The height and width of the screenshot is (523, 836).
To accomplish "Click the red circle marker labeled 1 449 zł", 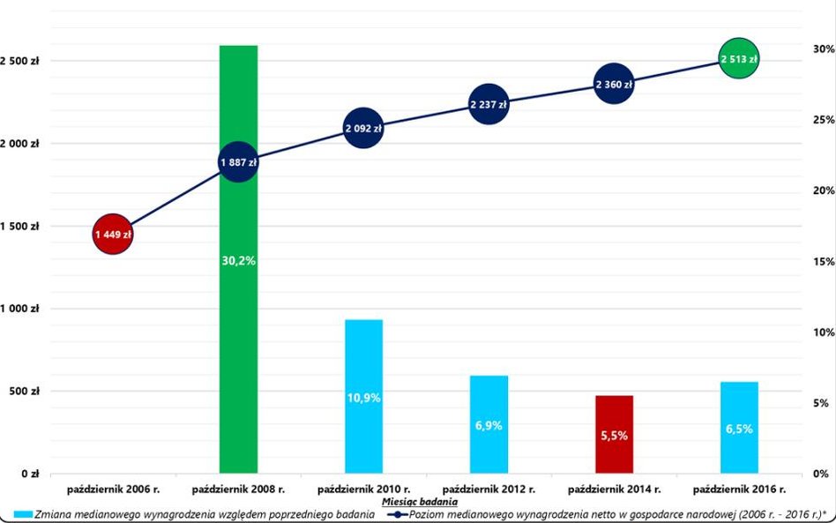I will pyautogui.click(x=112, y=235).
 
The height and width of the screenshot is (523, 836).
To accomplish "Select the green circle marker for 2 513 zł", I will pyautogui.click(x=739, y=59).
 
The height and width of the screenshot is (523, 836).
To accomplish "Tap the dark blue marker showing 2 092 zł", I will pyautogui.click(x=363, y=129).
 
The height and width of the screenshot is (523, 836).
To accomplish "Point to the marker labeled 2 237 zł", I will pyautogui.click(x=489, y=105).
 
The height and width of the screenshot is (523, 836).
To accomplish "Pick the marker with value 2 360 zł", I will pyautogui.click(x=614, y=85).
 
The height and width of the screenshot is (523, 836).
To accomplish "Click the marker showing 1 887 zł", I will pyautogui.click(x=237, y=162).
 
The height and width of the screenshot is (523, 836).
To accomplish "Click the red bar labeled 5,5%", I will pyautogui.click(x=614, y=434).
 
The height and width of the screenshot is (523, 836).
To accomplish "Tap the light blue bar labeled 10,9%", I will pyautogui.click(x=363, y=396).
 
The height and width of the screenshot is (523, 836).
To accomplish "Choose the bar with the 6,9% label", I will pyautogui.click(x=489, y=424).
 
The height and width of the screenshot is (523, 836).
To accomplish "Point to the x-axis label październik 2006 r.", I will pyautogui.click(x=112, y=488).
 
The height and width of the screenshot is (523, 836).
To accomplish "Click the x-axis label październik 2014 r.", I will pyautogui.click(x=614, y=488).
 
